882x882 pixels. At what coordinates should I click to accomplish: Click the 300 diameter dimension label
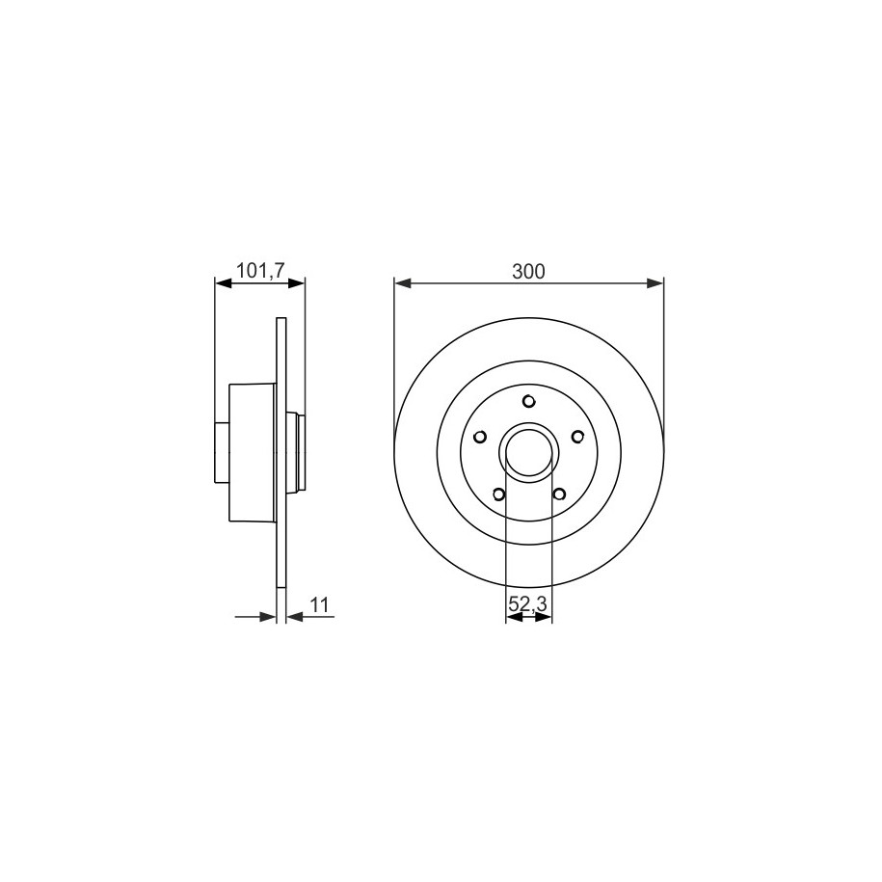click(528, 272)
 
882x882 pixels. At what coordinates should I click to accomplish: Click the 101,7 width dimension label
click(260, 271)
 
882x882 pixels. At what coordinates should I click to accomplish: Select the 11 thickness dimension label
click(319, 605)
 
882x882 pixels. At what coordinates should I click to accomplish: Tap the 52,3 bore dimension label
click(527, 604)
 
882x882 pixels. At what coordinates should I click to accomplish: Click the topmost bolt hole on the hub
click(528, 401)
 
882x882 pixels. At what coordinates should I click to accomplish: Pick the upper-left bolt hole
click(480, 437)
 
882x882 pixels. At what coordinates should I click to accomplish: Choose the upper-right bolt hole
click(577, 437)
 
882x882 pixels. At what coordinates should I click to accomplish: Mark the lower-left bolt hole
click(498, 494)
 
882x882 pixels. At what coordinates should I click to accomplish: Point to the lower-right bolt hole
click(559, 494)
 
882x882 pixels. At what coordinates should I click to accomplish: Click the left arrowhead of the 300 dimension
click(402, 283)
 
